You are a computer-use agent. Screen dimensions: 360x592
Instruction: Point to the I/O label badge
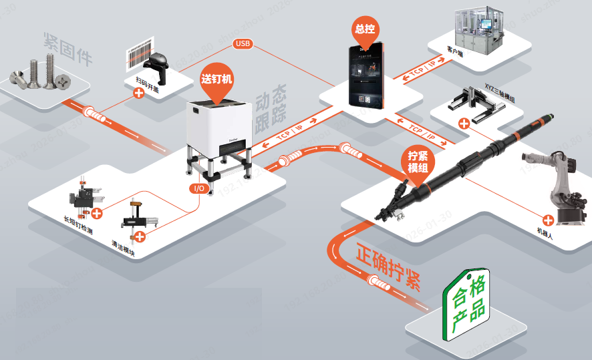199,188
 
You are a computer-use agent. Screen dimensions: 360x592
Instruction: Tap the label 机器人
547,232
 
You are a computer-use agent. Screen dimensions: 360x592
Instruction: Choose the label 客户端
456,50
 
